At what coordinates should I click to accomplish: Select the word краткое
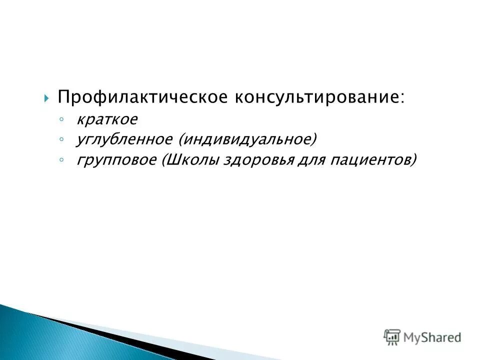point(106,120)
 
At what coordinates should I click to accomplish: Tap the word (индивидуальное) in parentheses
point(246,139)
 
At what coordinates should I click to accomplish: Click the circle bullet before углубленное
point(60,139)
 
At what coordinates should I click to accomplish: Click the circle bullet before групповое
point(60,159)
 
